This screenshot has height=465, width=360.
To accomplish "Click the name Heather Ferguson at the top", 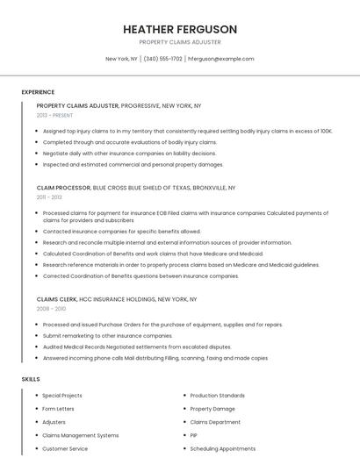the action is [180, 29].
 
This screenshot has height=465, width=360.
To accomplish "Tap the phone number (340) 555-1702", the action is [162, 59].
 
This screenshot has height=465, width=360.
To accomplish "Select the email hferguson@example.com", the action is [221, 59].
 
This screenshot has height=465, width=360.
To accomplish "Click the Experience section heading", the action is [38, 92].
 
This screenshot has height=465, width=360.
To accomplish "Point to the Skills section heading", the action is [31, 378].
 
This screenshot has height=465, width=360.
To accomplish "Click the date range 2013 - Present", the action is [54, 115].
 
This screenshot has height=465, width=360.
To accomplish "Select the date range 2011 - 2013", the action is [49, 197].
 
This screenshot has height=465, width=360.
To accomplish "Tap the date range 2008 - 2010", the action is [51, 309].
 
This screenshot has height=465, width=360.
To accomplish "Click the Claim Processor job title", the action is [63, 188].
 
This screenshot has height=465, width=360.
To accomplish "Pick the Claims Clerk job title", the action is [56, 299].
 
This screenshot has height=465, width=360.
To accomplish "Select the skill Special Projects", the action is [61, 396].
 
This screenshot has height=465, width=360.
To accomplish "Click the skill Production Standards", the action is [217, 396].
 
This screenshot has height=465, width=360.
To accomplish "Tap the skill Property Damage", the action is [212, 409].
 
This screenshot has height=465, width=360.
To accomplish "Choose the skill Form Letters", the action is [59, 409].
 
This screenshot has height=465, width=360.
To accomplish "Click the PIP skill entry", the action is [194, 435].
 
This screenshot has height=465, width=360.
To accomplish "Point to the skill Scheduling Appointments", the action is [222, 448].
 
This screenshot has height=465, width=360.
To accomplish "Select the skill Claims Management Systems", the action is [80, 435].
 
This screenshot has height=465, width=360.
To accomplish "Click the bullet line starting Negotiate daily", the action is [129, 153].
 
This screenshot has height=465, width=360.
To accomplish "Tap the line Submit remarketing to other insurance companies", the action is [107, 335].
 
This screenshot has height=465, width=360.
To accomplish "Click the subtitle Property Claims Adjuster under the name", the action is [180, 42].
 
